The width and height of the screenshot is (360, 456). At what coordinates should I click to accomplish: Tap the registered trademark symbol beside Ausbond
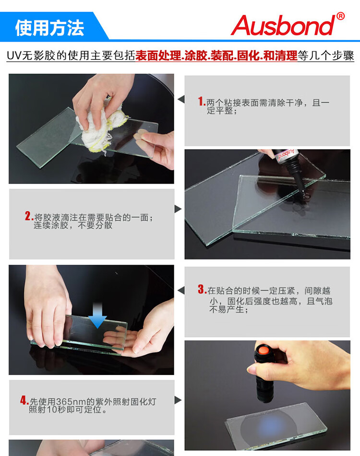[x=340, y=16]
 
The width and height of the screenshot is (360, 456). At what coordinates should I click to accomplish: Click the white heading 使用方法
[x=49, y=28]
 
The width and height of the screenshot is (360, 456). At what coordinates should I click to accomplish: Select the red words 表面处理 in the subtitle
[x=158, y=56]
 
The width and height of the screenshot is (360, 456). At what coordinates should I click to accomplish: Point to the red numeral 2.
[x=28, y=216]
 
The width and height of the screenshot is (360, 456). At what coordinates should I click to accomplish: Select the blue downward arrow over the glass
[x=97, y=315]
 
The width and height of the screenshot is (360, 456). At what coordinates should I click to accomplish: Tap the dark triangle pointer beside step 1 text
[x=181, y=99]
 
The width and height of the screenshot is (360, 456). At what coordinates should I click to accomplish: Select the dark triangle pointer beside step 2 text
[x=178, y=209]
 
